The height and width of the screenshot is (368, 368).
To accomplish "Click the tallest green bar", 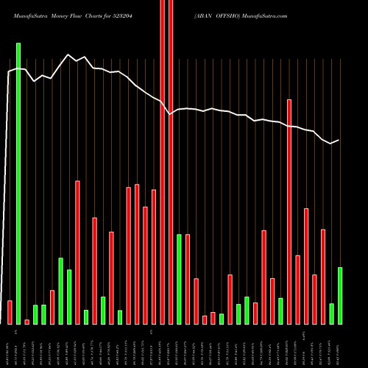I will [x=18, y=184].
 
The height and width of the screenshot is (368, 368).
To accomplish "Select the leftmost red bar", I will [x=10, y=312].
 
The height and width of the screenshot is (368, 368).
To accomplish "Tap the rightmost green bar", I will [x=340, y=295].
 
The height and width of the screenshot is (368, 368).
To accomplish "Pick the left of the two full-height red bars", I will [x=163, y=162].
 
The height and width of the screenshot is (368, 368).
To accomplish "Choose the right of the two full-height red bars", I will [x=171, y=162].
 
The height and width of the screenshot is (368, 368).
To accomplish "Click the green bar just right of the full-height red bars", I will [x=179, y=279].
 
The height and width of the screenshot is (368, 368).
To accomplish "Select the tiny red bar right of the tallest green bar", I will [x=26, y=322].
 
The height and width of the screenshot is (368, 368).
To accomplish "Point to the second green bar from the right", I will [x=332, y=314].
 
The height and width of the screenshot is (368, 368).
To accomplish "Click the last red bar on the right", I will [x=323, y=277].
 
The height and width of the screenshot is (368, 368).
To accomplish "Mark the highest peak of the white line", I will [x=68, y=55].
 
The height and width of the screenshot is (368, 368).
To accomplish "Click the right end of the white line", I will [x=339, y=140].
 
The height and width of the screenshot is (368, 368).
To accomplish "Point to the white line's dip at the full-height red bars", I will [x=170, y=114].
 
